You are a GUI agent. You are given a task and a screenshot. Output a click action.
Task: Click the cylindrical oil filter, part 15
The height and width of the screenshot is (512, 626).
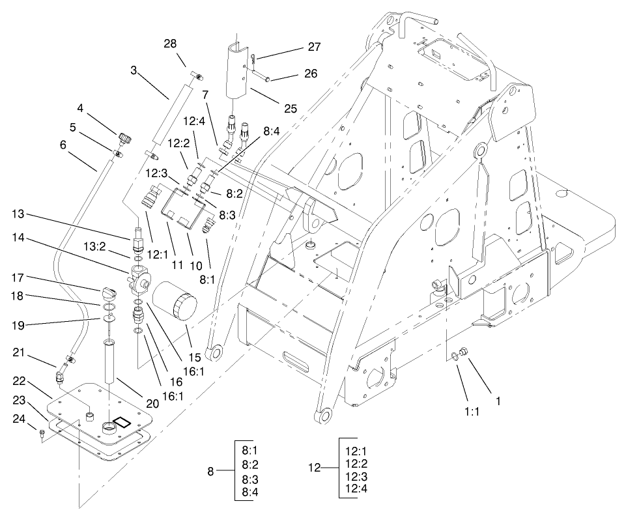click(x=175, y=306)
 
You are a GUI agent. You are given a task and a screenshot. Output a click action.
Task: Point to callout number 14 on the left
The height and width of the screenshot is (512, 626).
click(x=18, y=239)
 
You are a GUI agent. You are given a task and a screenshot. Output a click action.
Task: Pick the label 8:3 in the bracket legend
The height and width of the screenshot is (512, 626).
click(x=250, y=479)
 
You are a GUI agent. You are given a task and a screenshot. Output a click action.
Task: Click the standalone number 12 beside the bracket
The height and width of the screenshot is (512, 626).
click(x=315, y=467)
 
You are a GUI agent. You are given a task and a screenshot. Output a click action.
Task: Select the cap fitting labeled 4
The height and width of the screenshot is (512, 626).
click(x=124, y=139)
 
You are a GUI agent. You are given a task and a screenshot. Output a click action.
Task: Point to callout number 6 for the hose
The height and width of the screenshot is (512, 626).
click(x=63, y=145)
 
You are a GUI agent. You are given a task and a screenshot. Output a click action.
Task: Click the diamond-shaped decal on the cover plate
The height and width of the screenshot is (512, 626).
click(x=122, y=423)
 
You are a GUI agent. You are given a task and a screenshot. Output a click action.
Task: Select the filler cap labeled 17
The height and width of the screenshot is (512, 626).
click(x=107, y=289)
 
